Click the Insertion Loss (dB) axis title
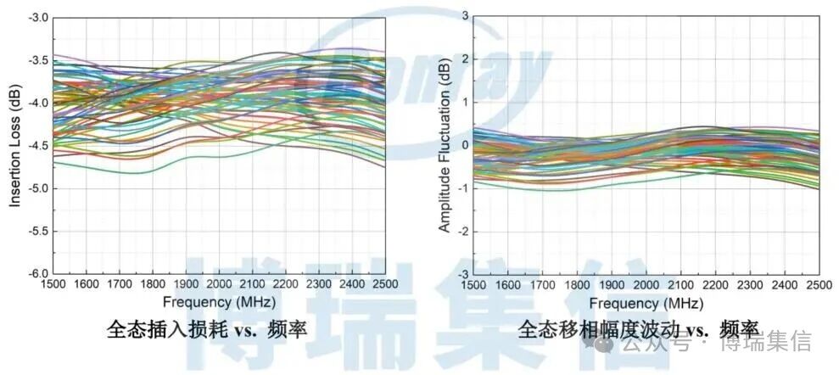tap(14, 145)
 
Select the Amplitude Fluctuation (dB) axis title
tap(444, 145)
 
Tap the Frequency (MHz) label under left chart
tap(219, 302)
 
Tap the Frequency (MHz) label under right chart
tap(647, 302)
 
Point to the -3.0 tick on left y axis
tap(37, 17)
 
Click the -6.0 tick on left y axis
tap(37, 273)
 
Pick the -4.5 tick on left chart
tap(37, 145)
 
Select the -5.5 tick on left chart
tap(37, 231)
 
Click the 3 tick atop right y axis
tap(465, 15)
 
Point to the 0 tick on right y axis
tap(465, 144)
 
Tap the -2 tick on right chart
tap(463, 231)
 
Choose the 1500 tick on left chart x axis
tap(53, 283)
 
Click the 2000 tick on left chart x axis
tap(219, 283)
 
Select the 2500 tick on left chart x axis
tap(383, 283)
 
